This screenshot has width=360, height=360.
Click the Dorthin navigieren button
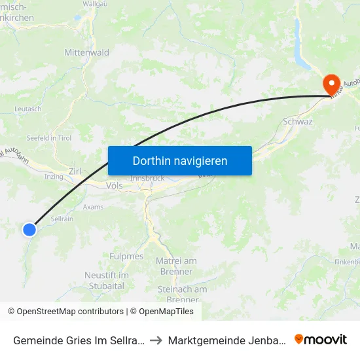tap(180, 160)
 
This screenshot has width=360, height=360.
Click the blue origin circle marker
tap(29, 229)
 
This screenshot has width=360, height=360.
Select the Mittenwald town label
tap(86, 52)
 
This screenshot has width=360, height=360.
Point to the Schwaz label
tap(298, 122)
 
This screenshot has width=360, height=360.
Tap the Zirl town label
tap(75, 171)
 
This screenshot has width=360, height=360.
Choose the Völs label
tap(114, 186)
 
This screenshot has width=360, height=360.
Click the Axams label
tap(94, 207)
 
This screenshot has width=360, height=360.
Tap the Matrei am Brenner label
tap(176, 266)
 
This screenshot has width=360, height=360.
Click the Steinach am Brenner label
tap(182, 294)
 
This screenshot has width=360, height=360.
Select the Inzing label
tap(53, 177)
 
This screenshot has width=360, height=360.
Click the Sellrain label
tap(62, 219)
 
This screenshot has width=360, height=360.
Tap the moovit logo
tap(321, 339)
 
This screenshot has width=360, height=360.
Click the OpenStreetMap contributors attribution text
tap(65, 312)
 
